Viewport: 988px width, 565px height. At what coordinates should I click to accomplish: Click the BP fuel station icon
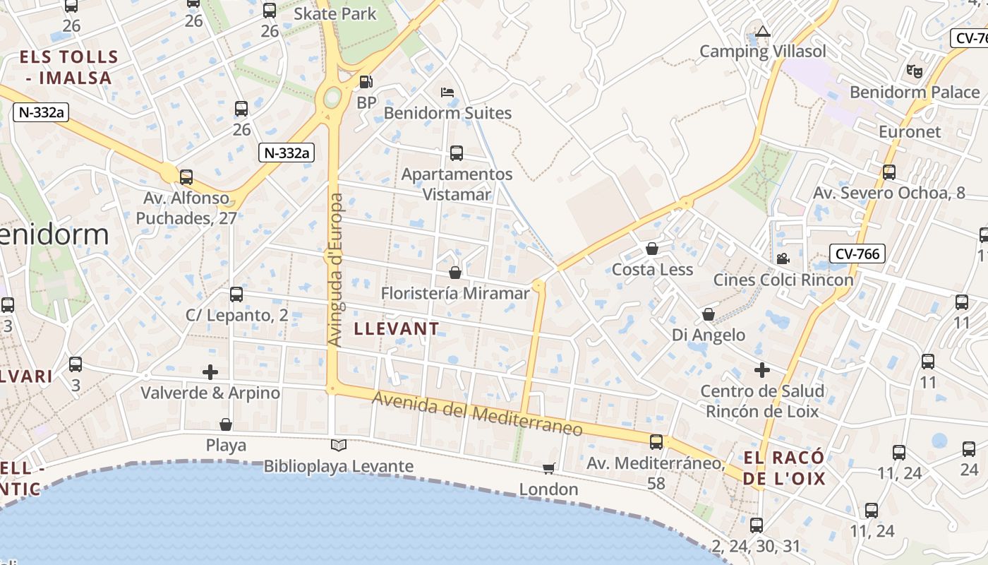(x=366, y=82)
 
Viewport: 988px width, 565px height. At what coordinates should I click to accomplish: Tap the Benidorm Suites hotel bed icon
(x=447, y=93)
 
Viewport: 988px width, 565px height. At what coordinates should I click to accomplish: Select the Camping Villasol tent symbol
(x=762, y=32)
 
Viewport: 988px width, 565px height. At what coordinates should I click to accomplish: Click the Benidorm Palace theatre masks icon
(x=915, y=71)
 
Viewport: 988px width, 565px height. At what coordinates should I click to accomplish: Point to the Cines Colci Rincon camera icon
(x=783, y=258)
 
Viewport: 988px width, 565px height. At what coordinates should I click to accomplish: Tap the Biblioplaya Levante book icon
(x=339, y=445)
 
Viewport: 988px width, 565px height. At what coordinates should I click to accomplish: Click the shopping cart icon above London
(x=548, y=468)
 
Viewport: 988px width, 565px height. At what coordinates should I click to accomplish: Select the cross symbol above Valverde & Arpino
(x=210, y=371)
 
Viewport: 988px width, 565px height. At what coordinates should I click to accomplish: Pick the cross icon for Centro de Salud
(x=762, y=369)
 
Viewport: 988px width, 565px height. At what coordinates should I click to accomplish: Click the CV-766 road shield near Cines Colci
(x=857, y=254)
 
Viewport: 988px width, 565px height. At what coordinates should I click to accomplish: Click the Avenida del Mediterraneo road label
(x=477, y=414)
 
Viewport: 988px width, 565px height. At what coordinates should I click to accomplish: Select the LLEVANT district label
(x=396, y=329)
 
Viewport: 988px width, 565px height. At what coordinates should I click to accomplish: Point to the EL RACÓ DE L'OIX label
(x=783, y=468)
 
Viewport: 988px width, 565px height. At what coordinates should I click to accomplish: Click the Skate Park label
(x=335, y=13)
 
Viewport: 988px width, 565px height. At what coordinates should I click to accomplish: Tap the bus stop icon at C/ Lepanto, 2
(x=236, y=295)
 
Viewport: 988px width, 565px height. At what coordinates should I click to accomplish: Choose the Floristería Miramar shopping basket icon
(x=455, y=273)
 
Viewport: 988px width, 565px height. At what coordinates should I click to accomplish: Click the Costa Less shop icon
(x=652, y=249)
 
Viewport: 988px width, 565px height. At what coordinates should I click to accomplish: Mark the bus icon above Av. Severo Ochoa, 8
(x=889, y=172)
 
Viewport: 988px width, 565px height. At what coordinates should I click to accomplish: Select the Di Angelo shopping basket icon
(x=709, y=314)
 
